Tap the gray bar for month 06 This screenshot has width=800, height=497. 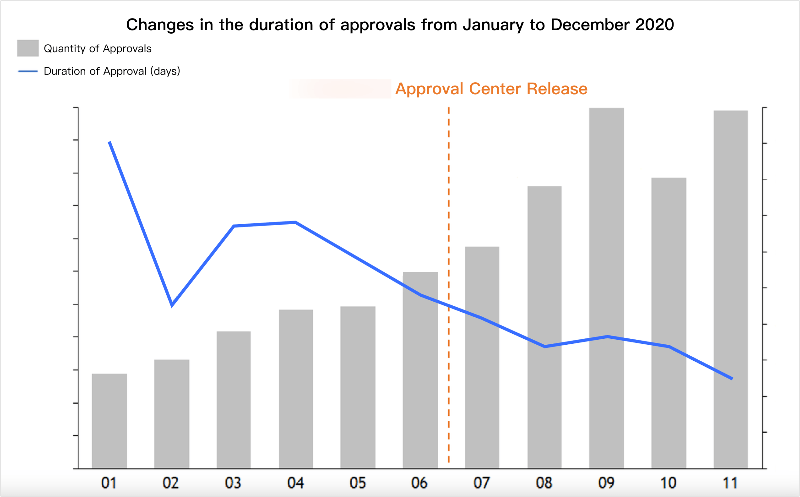(x=420, y=370)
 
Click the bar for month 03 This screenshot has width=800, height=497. (x=234, y=400)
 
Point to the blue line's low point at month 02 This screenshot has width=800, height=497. (x=172, y=304)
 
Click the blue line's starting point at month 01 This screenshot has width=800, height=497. (x=110, y=143)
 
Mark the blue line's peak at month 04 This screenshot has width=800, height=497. (x=295, y=222)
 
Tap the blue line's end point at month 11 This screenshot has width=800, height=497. (x=732, y=378)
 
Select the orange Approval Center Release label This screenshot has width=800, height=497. (x=491, y=89)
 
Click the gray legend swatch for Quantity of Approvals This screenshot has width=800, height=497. (x=28, y=48)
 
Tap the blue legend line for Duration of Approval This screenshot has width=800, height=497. (x=28, y=71)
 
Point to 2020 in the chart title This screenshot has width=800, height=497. (x=655, y=25)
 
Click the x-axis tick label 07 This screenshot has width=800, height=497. (x=482, y=483)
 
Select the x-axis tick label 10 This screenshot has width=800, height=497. (x=668, y=483)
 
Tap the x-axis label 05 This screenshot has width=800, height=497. (x=358, y=483)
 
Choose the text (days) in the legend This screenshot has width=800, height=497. (x=165, y=71)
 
